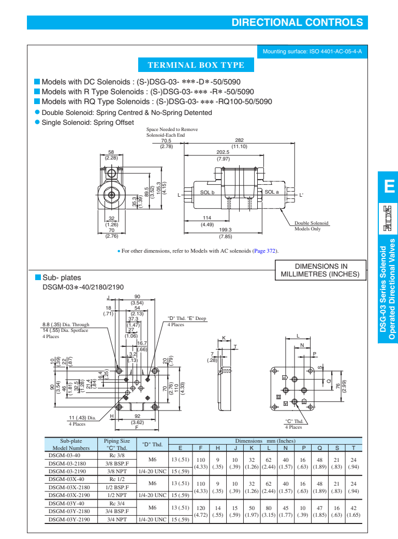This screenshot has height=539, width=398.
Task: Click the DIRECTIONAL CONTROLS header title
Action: tap(297, 22)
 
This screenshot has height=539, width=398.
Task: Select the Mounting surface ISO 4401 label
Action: tap(312, 52)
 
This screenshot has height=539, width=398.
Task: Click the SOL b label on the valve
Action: tap(207, 192)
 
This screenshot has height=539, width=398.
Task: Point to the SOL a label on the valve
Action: tap(272, 192)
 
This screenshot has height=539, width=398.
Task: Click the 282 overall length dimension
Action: tap(239, 140)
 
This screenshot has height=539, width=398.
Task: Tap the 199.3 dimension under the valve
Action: tap(225, 230)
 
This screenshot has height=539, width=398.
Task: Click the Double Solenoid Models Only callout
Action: tap(311, 226)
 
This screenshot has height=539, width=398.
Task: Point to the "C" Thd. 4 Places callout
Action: tap(293, 424)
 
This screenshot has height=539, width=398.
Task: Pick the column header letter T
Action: tap(353, 448)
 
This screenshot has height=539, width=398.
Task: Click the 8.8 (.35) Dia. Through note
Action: tap(65, 325)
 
